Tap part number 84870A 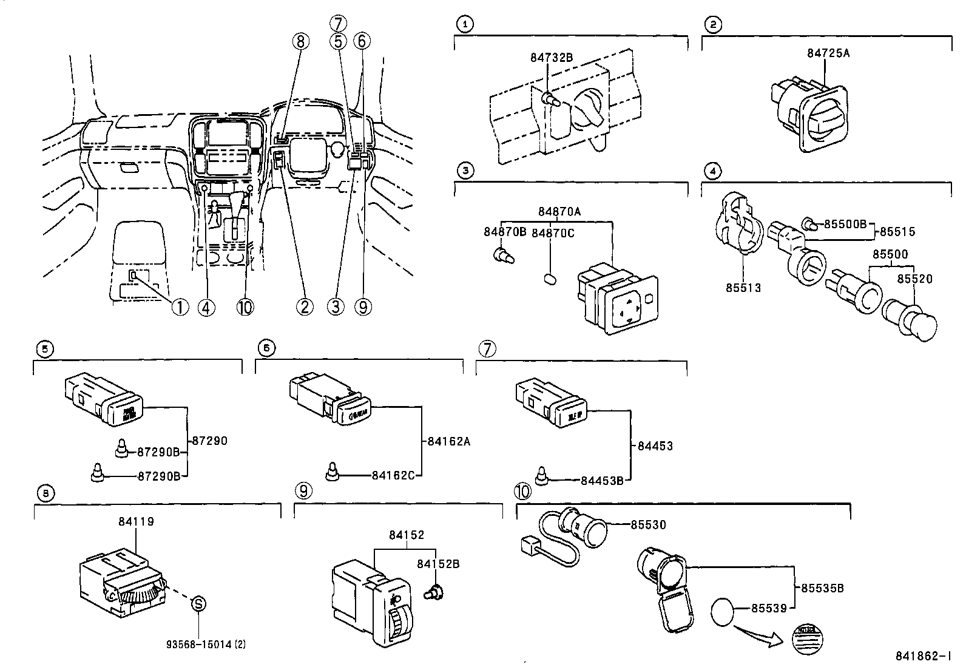(x=559, y=211)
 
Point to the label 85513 (x=743, y=287)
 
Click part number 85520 (x=914, y=279)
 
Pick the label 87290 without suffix (x=209, y=441)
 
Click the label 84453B (x=602, y=480)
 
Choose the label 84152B (x=437, y=564)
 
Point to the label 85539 (x=769, y=608)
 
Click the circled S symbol (x=198, y=603)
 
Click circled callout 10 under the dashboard (x=245, y=308)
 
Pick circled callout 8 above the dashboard (x=300, y=41)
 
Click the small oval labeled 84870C (x=550, y=279)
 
